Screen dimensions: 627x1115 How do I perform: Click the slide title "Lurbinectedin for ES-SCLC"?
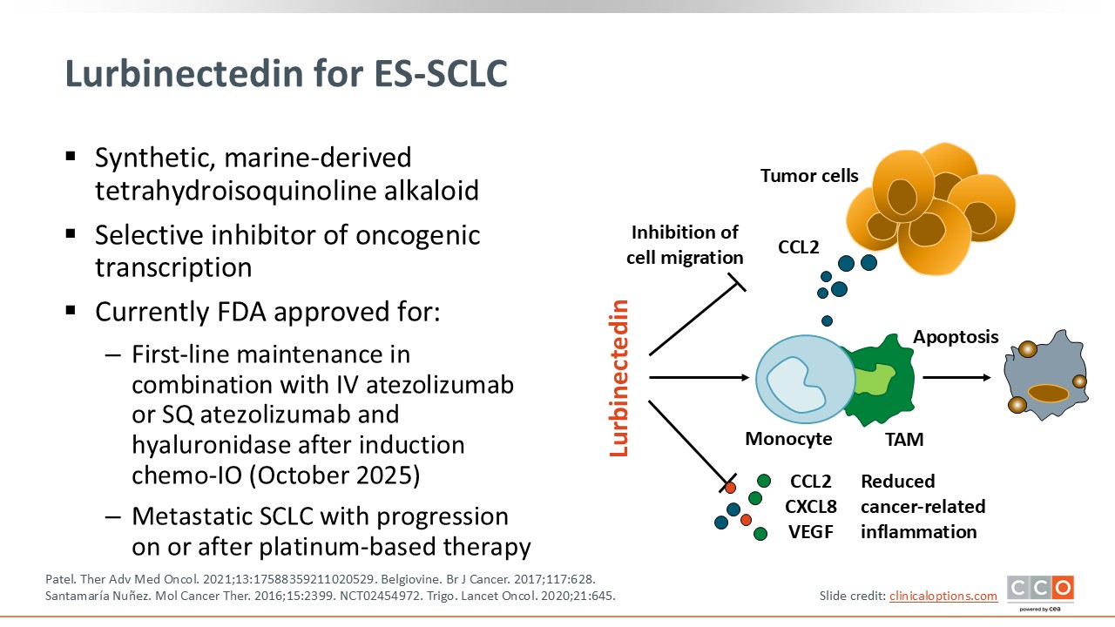point(286,75)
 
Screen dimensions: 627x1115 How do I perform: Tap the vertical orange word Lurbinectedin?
point(619,378)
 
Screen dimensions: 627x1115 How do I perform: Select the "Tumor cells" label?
point(809,176)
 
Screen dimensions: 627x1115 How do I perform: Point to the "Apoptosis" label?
point(956,337)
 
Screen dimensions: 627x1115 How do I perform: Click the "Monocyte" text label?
point(788,439)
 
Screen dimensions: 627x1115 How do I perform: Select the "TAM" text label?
point(903,440)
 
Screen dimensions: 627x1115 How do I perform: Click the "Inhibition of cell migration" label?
point(686,245)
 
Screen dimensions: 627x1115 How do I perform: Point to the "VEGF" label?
point(811,531)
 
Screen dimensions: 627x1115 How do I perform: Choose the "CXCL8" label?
point(811,506)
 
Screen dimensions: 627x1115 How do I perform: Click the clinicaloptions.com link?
point(943,596)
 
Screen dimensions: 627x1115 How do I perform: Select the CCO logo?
point(1040,590)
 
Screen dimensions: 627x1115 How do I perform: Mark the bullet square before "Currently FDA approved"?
point(71,310)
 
